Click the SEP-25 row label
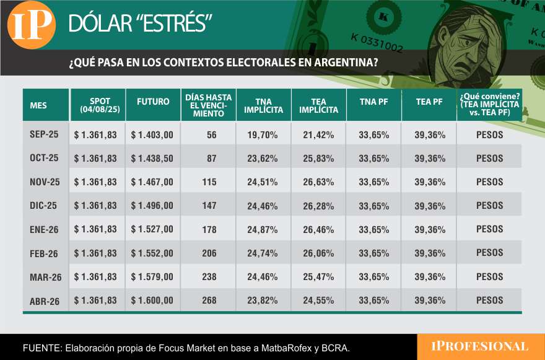pyautogui.click(x=44, y=134)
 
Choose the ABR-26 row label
pyautogui.click(x=45, y=301)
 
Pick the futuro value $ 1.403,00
pyautogui.click(x=152, y=134)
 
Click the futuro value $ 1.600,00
pyautogui.click(x=152, y=301)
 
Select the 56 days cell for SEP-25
pyautogui.click(x=211, y=134)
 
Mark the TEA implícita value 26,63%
pyautogui.click(x=319, y=182)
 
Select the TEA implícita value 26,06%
pyautogui.click(x=319, y=253)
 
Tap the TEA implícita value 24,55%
pyautogui.click(x=319, y=301)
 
